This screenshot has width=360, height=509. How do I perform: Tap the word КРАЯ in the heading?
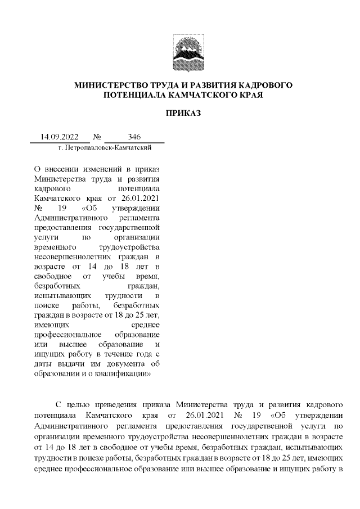point(249,96)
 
